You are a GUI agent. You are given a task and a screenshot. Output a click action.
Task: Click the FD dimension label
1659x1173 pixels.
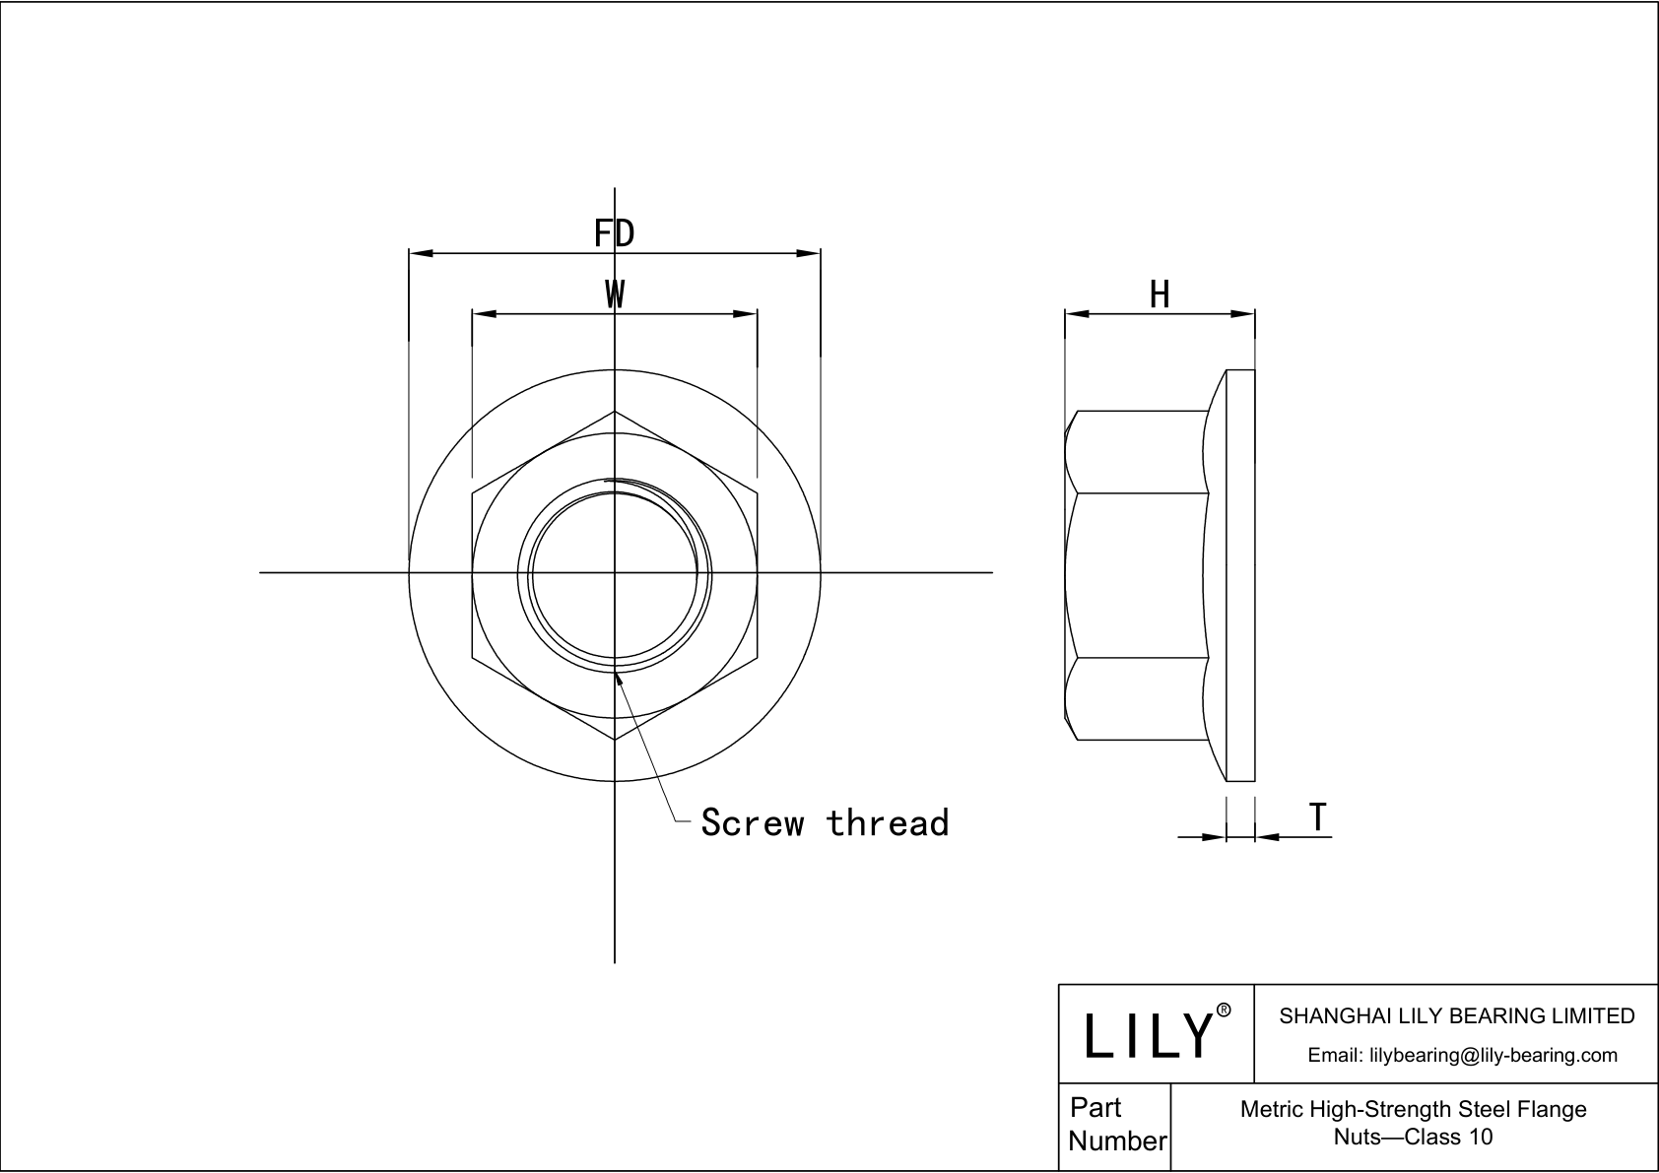click(614, 232)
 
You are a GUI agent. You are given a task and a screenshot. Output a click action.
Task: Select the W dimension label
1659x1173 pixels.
click(615, 294)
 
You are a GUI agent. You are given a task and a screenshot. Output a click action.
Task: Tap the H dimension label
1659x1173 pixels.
click(1160, 294)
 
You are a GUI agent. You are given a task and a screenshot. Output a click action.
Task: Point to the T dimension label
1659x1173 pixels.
click(1317, 816)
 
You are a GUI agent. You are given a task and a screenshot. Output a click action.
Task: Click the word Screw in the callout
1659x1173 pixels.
click(753, 822)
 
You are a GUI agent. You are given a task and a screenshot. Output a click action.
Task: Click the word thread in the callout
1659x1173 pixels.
click(888, 822)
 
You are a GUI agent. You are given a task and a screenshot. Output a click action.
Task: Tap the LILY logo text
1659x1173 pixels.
click(1149, 1034)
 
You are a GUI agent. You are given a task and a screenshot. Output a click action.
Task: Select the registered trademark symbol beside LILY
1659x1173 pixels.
click(1225, 1010)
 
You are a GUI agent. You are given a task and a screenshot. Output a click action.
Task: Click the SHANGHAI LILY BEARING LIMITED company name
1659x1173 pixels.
click(1457, 1015)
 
